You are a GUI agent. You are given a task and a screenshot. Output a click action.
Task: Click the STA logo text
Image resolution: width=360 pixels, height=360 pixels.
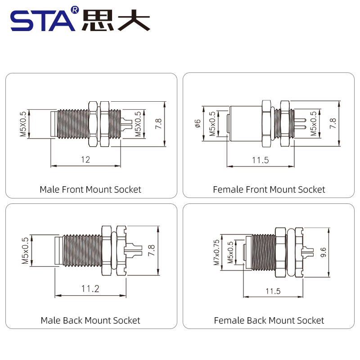[43, 20]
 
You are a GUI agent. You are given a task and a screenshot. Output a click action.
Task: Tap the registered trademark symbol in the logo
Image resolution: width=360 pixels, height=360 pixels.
[75, 9]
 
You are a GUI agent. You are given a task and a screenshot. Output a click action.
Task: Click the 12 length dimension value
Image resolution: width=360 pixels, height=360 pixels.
[85, 159]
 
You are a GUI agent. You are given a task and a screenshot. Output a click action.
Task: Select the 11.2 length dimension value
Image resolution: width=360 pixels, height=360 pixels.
[90, 288]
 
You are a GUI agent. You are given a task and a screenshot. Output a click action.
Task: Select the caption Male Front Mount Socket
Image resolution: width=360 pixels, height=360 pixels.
[90, 189]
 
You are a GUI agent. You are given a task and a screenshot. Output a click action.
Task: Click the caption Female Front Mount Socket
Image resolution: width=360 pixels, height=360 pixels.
[269, 189]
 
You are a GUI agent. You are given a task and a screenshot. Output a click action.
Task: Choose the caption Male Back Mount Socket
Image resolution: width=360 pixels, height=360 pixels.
[90, 320]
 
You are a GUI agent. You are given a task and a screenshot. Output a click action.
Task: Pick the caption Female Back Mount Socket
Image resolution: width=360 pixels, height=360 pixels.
[269, 320]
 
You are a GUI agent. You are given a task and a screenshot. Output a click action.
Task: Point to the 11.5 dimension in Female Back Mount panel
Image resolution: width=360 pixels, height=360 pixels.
[273, 291]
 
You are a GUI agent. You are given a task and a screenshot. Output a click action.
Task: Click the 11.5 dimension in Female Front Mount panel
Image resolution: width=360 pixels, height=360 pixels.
[260, 160]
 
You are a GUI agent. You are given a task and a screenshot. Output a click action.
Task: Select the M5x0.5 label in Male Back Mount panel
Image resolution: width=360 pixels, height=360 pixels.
[25, 251]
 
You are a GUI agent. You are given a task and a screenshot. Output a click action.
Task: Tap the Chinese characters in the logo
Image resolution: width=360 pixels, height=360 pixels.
[116, 20]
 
